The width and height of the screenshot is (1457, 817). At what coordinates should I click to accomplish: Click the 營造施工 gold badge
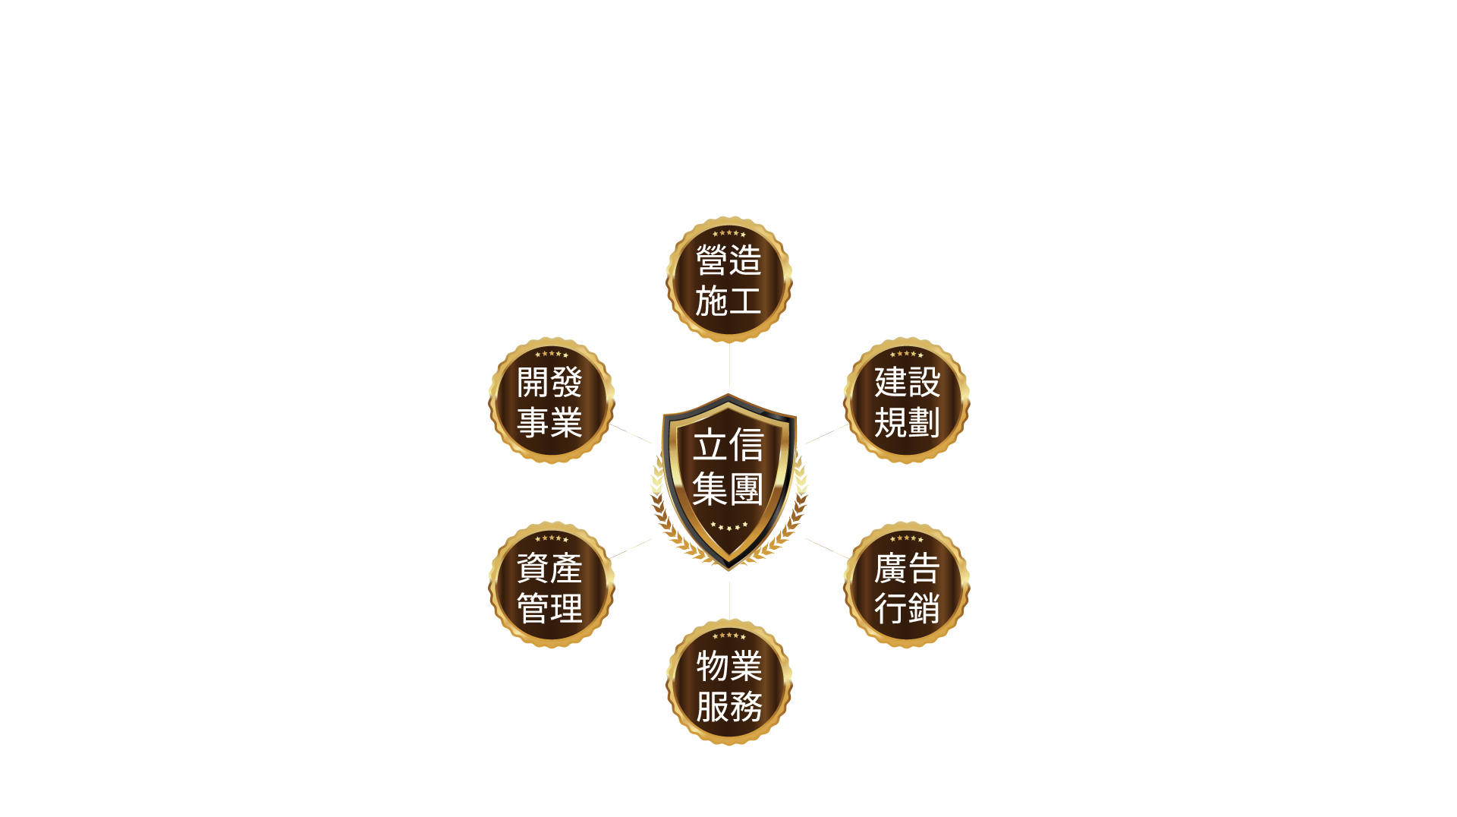728,280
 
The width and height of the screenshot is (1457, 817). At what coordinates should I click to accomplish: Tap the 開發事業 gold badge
551,401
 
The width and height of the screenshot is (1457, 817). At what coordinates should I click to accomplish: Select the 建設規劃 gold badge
906,401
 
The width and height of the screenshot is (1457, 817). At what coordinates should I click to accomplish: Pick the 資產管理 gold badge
551,585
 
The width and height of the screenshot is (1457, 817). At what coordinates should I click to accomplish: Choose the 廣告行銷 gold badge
906,585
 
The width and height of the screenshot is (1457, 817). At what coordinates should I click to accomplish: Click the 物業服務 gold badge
728,684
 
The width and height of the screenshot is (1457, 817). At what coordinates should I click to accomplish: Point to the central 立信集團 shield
728,478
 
